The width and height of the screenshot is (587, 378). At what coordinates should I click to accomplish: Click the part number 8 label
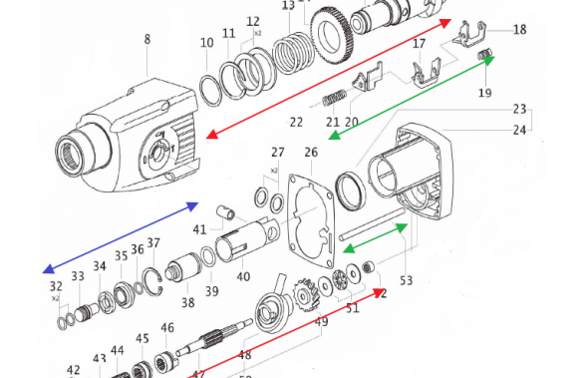[x=147, y=40]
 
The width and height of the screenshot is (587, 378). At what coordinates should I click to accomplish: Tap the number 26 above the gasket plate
[x=311, y=153]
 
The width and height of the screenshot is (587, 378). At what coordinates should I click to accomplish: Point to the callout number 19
[x=484, y=94]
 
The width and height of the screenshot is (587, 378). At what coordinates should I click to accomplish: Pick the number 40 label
[x=242, y=276]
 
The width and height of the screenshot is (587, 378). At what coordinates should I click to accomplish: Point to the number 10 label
[x=206, y=43]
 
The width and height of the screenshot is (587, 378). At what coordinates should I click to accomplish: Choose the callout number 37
[x=153, y=242]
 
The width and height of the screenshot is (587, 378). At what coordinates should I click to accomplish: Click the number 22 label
[x=296, y=122]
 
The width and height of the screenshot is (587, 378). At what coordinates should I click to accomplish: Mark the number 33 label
[x=78, y=276]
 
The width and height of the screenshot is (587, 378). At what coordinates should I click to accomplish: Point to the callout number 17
[x=419, y=44]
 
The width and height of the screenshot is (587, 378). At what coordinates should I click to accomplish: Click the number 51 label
[x=351, y=309]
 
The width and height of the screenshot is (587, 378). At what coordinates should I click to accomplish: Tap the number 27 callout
[x=277, y=153]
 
